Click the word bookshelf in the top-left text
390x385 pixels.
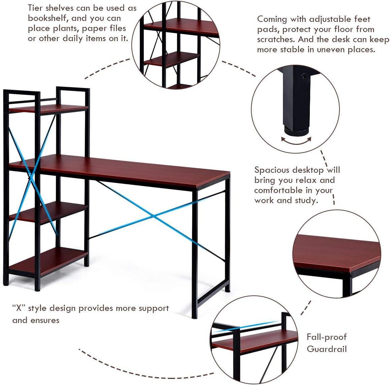[x=49, y=18]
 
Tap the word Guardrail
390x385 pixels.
[x=326, y=349]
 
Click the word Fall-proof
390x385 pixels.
[x=326, y=337]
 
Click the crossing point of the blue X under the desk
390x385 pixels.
[x=153, y=216]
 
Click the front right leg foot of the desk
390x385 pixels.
[x=194, y=315]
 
